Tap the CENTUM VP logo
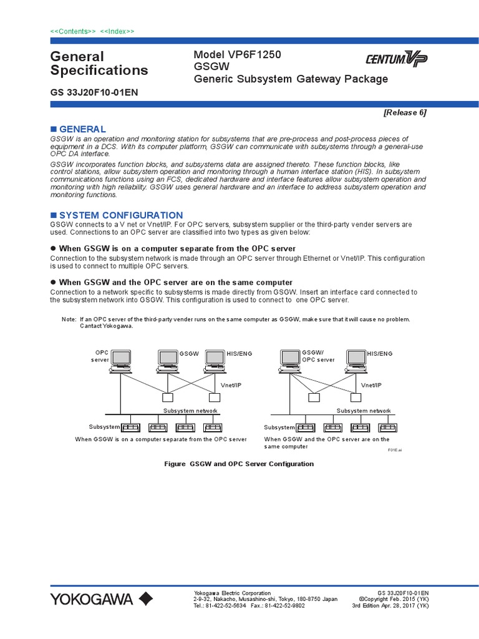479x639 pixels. point(396,60)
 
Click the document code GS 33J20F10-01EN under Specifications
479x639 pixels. point(94,92)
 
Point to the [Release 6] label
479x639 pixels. point(405,112)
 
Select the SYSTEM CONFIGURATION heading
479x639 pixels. point(120,215)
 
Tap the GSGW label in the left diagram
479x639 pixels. point(189,354)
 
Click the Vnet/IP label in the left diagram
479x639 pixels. point(231,386)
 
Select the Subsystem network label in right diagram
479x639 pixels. point(364,411)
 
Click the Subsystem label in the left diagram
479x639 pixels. point(104,427)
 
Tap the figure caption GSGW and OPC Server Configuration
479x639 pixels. point(239,464)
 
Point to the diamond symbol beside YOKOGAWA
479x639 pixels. point(145,600)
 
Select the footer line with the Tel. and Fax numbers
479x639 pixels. point(249,605)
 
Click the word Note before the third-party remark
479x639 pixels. point(69,319)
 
